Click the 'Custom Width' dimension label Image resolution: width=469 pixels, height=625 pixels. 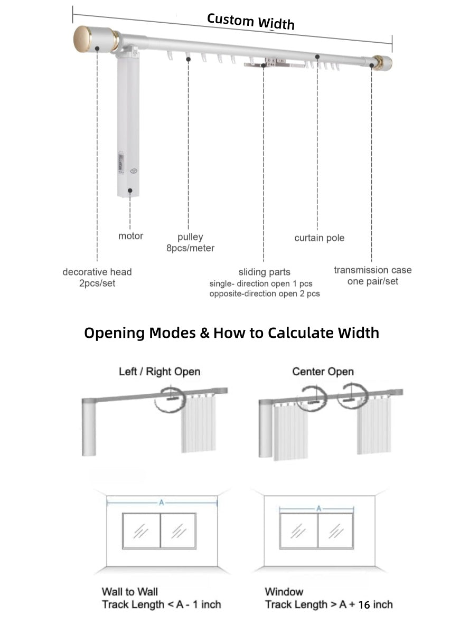[250, 21]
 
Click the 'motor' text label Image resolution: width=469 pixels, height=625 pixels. [130, 236]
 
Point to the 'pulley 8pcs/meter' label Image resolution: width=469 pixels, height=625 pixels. [190, 242]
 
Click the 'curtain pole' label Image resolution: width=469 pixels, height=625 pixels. [319, 238]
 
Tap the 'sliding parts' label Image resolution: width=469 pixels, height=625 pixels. [264, 272]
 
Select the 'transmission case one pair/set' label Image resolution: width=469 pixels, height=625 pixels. [372, 276]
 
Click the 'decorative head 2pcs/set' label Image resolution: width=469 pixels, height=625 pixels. [97, 278]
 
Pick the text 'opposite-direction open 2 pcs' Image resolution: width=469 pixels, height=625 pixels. [264, 294]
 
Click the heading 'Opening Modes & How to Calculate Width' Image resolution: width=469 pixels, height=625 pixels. [231, 333]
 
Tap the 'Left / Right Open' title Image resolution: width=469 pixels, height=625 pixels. [160, 372]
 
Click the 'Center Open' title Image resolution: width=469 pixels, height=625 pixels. [323, 372]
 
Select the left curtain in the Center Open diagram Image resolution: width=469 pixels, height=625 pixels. [289, 430]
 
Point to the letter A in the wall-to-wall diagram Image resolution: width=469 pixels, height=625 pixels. [162, 503]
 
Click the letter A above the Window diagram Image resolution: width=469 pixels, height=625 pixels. [318, 508]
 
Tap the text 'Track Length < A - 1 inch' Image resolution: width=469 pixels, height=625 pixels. [161, 604]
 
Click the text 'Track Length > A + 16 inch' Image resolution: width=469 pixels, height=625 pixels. [329, 604]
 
